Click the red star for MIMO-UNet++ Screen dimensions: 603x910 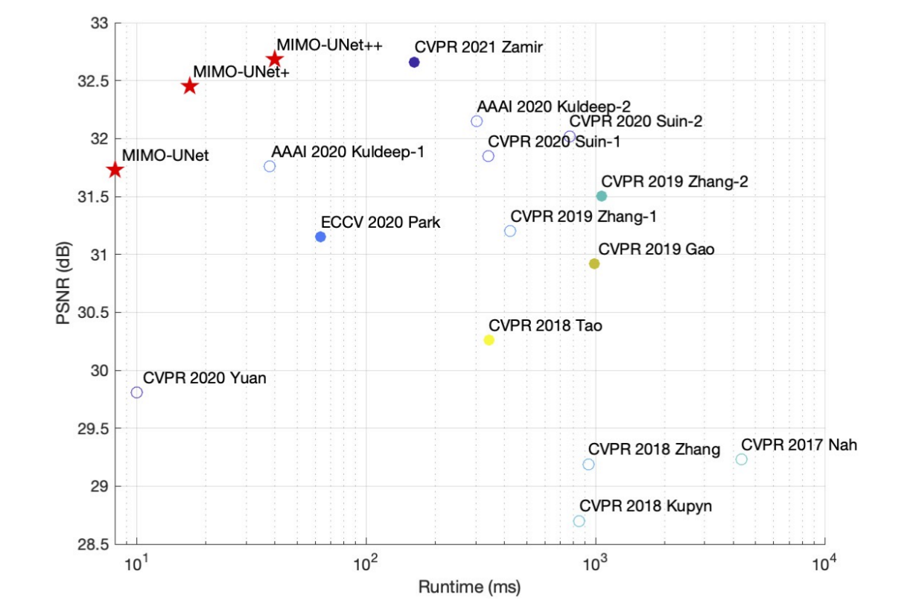pyautogui.click(x=275, y=60)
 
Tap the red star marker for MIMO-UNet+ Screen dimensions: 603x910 pyautogui.click(x=190, y=86)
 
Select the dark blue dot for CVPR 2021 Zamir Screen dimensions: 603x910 pyautogui.click(x=415, y=63)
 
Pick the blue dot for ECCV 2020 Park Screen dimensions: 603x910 pyautogui.click(x=321, y=237)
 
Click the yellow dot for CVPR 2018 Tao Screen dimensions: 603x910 pyautogui.click(x=489, y=340)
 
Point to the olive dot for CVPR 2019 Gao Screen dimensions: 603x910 pyautogui.click(x=594, y=264)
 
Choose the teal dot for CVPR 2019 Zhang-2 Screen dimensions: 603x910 pyautogui.click(x=602, y=196)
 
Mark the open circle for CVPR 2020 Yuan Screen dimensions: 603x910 pyautogui.click(x=137, y=392)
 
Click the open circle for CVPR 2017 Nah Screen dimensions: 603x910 pyautogui.click(x=741, y=459)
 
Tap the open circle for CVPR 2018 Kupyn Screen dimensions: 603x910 pyautogui.click(x=579, y=521)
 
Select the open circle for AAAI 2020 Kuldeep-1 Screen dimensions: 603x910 pyautogui.click(x=270, y=166)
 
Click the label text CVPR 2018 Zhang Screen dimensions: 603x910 pyautogui.click(x=654, y=449)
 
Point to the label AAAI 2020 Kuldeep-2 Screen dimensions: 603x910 pyautogui.click(x=554, y=107)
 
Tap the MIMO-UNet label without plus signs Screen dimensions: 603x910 pyautogui.click(x=165, y=156)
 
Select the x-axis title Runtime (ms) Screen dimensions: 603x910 pyautogui.click(x=469, y=587)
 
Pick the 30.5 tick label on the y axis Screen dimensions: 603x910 pyautogui.click(x=95, y=313)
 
